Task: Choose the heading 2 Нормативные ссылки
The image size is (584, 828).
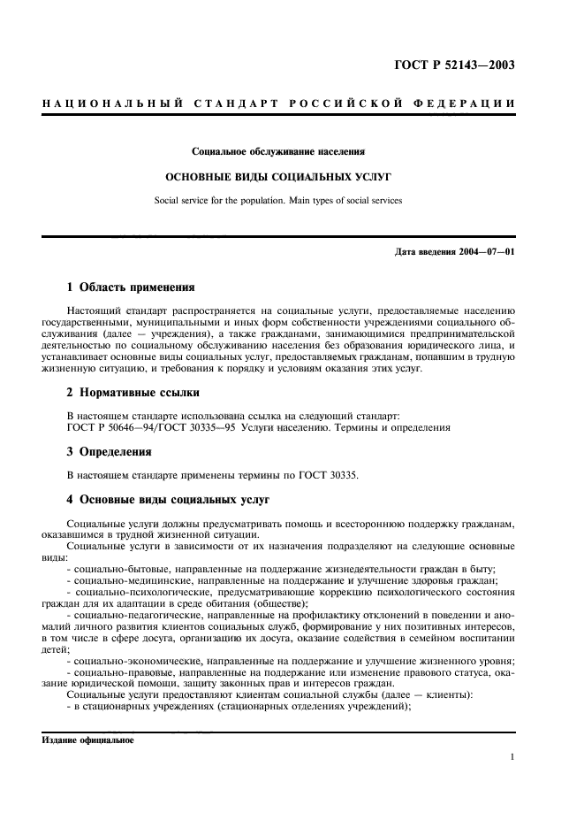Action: click(x=133, y=391)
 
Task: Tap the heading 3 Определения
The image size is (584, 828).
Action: click(x=110, y=451)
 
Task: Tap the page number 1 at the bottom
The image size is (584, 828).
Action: click(x=512, y=757)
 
